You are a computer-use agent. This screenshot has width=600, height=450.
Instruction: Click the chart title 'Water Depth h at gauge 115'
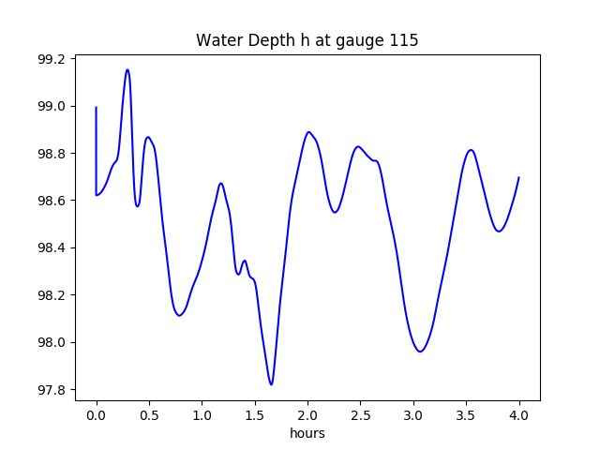pos(307,40)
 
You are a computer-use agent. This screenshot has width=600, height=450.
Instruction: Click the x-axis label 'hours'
pos(307,433)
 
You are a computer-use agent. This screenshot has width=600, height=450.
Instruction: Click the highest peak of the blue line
pos(127,69)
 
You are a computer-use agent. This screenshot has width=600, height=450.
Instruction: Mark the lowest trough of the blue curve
pos(271,384)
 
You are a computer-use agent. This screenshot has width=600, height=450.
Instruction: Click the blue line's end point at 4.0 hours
pos(518,177)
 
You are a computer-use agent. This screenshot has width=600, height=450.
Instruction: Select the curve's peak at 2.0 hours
pos(308,132)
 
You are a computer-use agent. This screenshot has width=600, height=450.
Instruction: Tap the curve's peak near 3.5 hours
pos(471,150)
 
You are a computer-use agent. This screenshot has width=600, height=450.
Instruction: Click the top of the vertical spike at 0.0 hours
pos(97,107)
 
